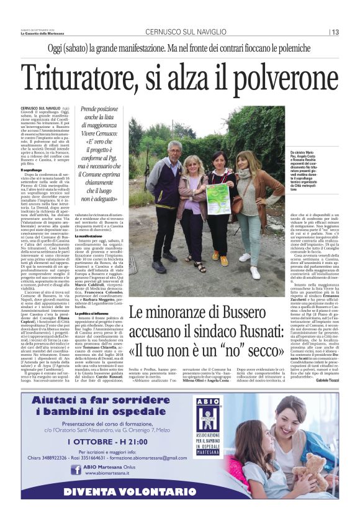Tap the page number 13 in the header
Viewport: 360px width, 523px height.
coord(335,32)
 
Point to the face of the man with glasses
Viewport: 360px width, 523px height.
coord(174,150)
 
